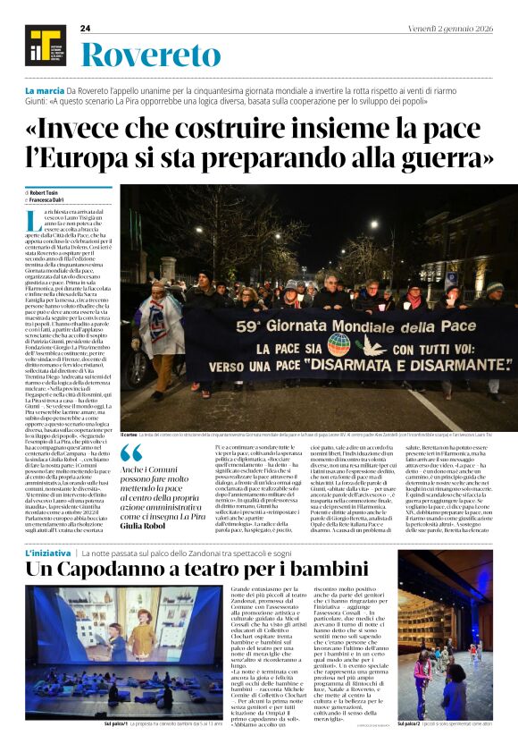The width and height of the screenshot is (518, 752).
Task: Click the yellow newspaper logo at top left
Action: tap(42, 45)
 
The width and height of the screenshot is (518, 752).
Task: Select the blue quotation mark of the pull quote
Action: tap(130, 454)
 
